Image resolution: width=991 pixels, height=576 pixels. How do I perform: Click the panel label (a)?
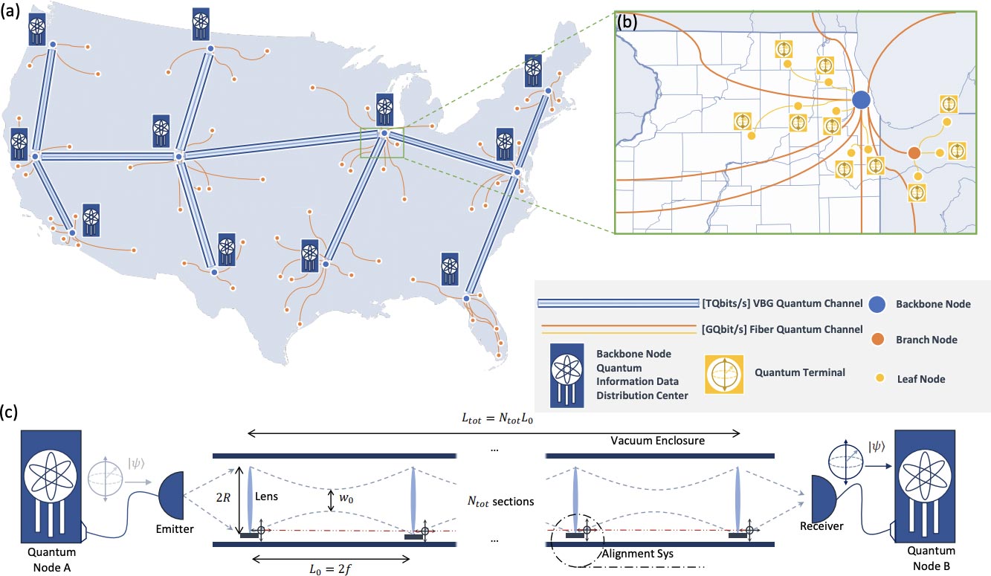tap(10, 11)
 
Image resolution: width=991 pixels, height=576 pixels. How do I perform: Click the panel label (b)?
tap(627, 22)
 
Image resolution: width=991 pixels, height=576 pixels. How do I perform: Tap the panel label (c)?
tap(9, 412)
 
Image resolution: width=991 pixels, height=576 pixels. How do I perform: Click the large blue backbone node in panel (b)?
tap(861, 100)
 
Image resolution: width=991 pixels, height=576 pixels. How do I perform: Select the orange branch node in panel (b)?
tap(914, 153)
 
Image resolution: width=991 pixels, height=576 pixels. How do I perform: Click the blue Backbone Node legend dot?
tap(877, 305)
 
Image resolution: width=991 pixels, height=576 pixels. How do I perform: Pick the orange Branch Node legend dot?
tap(878, 340)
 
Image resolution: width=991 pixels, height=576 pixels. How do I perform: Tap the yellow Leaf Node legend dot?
tap(880, 378)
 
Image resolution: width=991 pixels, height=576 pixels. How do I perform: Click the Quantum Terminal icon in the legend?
tap(724, 375)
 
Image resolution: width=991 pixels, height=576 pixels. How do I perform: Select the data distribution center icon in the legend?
tap(566, 375)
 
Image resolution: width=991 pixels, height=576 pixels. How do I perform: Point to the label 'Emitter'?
tap(175, 529)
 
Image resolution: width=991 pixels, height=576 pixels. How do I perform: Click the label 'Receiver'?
tap(821, 526)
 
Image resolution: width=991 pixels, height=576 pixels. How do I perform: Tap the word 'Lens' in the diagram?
tap(266, 496)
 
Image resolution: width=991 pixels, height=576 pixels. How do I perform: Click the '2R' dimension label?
tap(224, 498)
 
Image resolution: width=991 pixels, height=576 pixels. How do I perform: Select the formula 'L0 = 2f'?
tap(330, 569)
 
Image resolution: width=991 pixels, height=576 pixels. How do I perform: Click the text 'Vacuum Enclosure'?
tap(657, 441)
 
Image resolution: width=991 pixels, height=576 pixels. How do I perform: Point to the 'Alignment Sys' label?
tap(638, 554)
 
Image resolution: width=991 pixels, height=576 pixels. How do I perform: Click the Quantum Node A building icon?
tap(51, 487)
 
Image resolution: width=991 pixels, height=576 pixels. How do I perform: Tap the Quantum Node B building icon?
tap(925, 486)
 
